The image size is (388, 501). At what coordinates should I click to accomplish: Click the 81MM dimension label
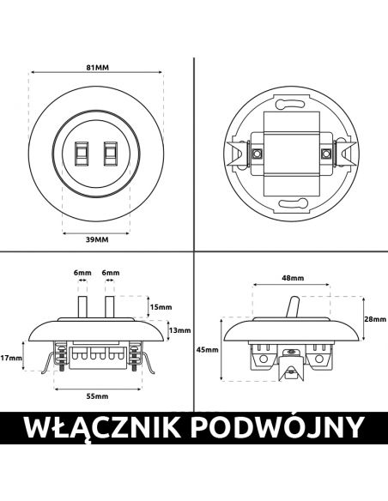(98, 68)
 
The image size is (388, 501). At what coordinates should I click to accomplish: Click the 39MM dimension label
(97, 239)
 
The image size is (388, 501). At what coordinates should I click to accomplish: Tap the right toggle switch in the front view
(110, 154)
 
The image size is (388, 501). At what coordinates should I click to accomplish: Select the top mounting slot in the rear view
(290, 104)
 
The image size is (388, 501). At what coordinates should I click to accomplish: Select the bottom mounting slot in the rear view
(293, 203)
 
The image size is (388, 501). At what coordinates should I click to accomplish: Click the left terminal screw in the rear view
(256, 154)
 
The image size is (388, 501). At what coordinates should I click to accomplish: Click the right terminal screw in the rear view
(326, 154)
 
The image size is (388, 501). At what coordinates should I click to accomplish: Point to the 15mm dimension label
(161, 307)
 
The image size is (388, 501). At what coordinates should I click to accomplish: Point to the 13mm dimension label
(180, 330)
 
